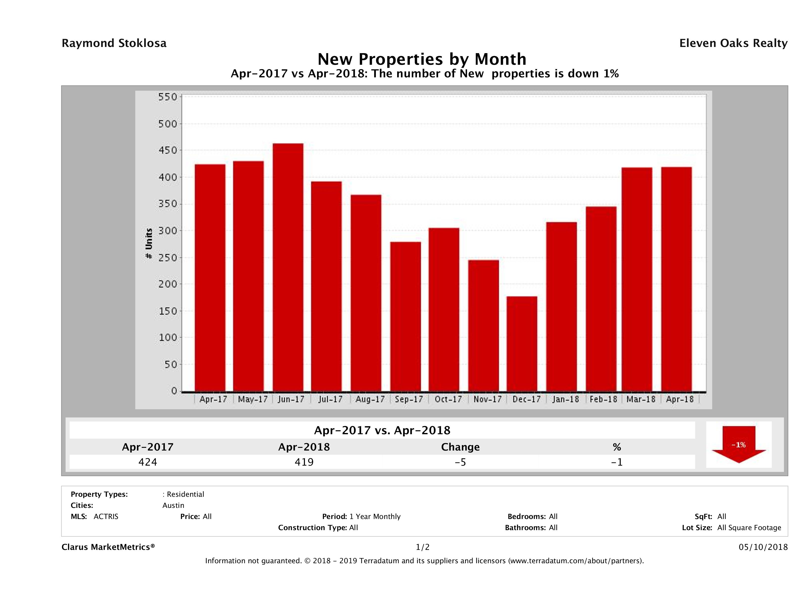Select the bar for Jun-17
pos(288,267)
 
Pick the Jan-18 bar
pos(561,306)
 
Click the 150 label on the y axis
pos(168,311)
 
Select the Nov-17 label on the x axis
pos(487,399)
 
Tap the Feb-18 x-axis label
pos(603,399)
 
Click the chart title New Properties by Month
pos(422,59)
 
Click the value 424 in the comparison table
pos(148,462)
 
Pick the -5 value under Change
pos(460,462)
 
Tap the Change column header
pos(460,447)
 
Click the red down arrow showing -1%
pos(738,444)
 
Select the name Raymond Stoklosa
pos(114,43)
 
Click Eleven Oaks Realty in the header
pos(733,43)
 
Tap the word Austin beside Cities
pos(173,505)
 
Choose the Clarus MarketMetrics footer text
pos(108,547)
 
